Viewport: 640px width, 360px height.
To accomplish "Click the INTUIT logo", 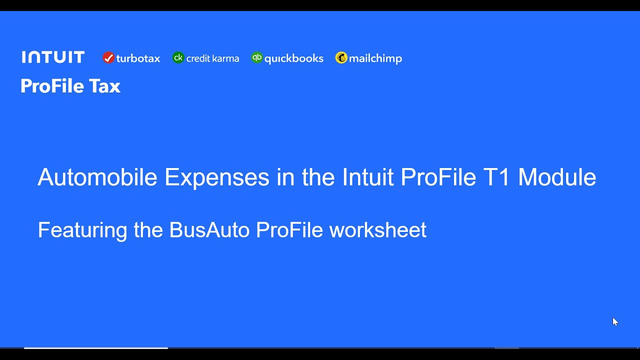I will (53, 57).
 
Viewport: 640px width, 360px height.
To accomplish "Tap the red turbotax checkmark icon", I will (108, 58).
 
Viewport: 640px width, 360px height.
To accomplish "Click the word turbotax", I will (138, 58).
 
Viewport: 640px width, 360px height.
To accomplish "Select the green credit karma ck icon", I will (178, 58).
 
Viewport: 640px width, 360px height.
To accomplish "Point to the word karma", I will (225, 58).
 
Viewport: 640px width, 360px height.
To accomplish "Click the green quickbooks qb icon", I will (257, 58).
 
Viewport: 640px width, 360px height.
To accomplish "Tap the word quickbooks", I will (293, 58).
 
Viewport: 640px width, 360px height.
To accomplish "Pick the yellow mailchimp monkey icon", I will (341, 58).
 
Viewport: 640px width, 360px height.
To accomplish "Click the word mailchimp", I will (375, 58).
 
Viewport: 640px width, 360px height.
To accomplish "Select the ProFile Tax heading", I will (70, 86).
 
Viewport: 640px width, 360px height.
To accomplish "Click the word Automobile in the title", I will (97, 177).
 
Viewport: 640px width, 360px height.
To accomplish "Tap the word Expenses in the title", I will (216, 177).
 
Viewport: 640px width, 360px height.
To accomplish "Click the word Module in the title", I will (557, 177).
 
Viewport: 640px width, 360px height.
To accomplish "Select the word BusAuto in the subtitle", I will (209, 230).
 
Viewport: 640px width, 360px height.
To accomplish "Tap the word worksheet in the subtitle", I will (377, 230).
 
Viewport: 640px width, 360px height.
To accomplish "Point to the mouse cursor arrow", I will (614, 321).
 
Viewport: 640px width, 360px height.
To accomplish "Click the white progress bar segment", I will (95, 348).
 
